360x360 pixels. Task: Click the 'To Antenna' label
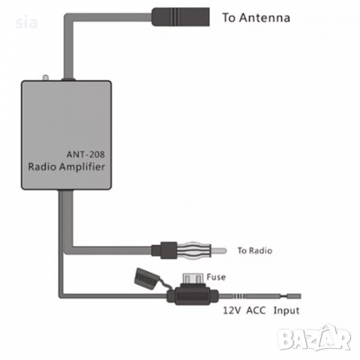click(x=256, y=17)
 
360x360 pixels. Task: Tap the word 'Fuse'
click(x=216, y=277)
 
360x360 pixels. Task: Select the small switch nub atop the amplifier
click(x=46, y=78)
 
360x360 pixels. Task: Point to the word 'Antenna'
click(x=268, y=17)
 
